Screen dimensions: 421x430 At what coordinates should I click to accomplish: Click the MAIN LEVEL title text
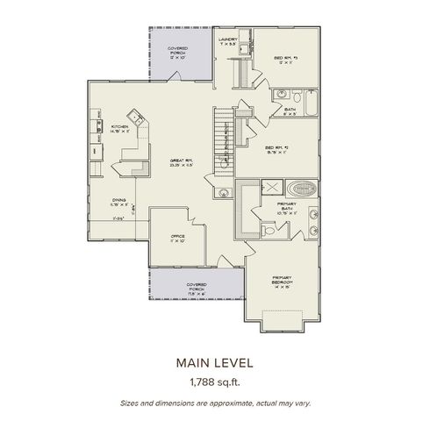tap(214, 360)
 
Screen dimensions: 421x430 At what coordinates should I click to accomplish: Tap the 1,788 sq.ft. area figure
tap(214, 382)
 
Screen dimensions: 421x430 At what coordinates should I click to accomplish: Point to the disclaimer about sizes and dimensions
tap(214, 403)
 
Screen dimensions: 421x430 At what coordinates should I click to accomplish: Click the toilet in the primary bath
tap(269, 231)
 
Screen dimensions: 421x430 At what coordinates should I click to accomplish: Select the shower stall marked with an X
tap(272, 188)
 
